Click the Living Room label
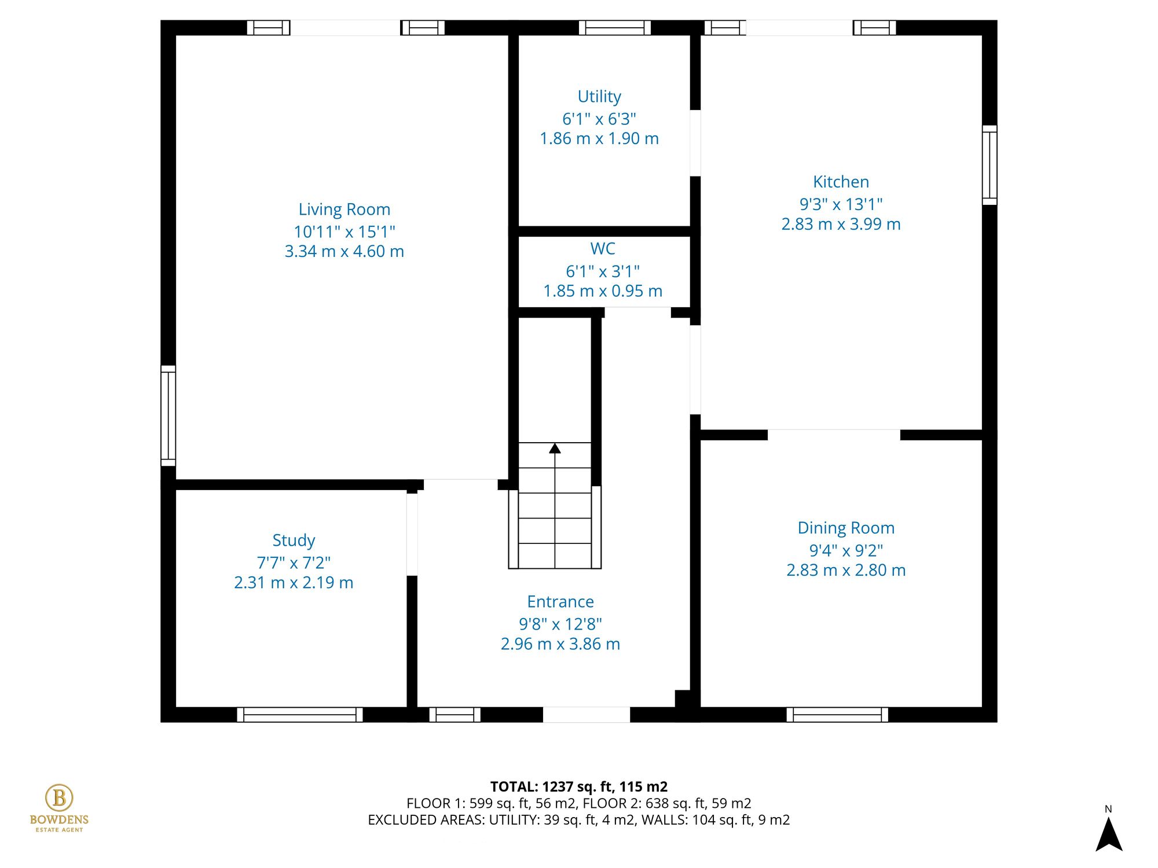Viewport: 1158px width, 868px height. [x=344, y=209]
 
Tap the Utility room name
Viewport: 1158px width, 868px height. [x=599, y=96]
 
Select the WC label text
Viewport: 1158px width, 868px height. [x=602, y=249]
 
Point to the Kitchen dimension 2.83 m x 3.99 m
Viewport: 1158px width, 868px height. [x=841, y=224]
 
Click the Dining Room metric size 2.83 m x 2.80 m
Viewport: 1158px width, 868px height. [x=845, y=570]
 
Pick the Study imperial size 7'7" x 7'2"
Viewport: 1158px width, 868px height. [x=294, y=562]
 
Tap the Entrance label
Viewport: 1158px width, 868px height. [x=560, y=602]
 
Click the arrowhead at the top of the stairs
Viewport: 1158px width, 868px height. [x=555, y=448]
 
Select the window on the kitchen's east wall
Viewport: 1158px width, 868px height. [x=990, y=165]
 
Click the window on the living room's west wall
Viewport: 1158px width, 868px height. [x=168, y=415]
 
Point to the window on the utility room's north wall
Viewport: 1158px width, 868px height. [x=614, y=28]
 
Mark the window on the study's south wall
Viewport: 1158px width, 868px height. [x=299, y=715]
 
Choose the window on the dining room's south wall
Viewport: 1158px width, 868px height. [x=837, y=715]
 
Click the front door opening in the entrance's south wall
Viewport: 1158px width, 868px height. [x=586, y=715]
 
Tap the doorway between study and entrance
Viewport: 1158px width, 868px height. [x=412, y=534]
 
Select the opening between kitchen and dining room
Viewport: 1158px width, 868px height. [x=834, y=435]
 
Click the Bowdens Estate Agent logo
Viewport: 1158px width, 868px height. [x=59, y=808]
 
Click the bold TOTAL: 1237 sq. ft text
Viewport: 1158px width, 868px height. [x=578, y=786]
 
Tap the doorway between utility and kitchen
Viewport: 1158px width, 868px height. [x=695, y=143]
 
